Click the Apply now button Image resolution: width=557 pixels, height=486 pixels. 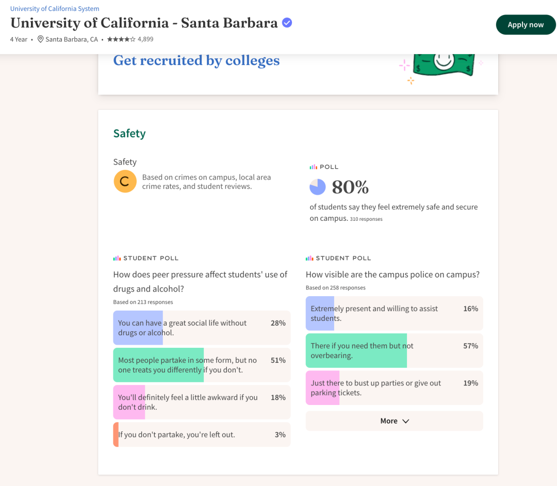[526, 25]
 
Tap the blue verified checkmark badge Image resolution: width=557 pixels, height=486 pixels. [287, 23]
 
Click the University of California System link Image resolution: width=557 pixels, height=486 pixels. [55, 9]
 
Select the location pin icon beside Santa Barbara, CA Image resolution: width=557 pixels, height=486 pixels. [41, 39]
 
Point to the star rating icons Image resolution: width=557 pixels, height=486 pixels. [121, 39]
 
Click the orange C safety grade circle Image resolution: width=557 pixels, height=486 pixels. [125, 181]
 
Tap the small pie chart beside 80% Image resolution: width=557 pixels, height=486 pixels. [318, 187]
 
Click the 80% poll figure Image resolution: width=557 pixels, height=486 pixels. [350, 187]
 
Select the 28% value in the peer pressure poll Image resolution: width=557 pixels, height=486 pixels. [278, 323]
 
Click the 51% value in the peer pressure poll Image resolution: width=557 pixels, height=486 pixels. [278, 360]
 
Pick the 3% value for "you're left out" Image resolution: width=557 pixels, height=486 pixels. [280, 434]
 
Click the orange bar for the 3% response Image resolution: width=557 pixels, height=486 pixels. [116, 434]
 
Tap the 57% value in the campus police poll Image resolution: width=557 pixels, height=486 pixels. [471, 346]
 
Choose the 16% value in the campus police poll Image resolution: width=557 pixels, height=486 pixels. [471, 309]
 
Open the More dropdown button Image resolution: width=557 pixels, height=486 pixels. [395, 421]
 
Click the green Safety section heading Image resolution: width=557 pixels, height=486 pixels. [129, 134]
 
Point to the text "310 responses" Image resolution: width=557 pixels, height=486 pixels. [366, 219]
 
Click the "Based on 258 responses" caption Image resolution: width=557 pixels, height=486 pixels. [336, 288]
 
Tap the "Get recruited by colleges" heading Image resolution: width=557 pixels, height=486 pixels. [196, 61]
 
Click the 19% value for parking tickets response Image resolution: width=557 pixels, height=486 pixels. [471, 383]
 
